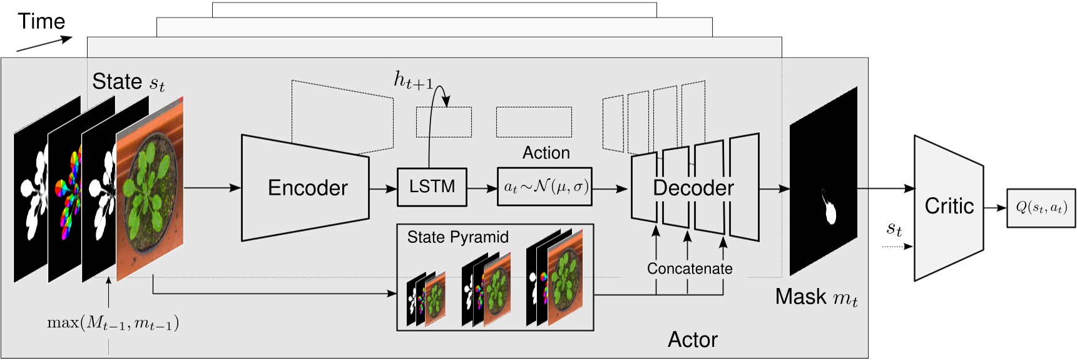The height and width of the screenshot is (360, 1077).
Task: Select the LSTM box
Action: point(432,187)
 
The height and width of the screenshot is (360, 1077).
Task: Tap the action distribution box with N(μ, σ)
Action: point(544,187)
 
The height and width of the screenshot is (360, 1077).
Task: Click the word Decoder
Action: point(693,188)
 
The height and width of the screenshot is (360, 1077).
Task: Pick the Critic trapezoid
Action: point(948,207)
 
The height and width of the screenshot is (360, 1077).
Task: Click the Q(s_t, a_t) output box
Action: point(1041,208)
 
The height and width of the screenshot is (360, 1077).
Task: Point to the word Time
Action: point(41,21)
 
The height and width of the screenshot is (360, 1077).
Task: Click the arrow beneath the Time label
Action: point(44,44)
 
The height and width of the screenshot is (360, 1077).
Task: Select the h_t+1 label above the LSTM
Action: point(413,80)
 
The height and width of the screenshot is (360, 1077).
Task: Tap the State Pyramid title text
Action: point(457,237)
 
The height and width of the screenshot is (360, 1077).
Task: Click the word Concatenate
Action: point(690,269)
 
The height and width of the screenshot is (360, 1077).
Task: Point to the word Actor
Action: point(692,339)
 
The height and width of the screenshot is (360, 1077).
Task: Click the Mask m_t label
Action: point(816,297)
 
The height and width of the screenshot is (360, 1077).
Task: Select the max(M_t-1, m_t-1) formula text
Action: point(113,323)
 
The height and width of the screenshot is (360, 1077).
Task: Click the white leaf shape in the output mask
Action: point(830,210)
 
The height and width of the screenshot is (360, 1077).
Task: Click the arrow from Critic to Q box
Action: point(994,208)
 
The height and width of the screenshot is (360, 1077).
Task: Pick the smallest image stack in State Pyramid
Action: point(426,299)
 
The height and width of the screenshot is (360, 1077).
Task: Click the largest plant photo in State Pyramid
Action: point(565,278)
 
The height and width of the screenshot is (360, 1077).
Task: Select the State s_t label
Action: point(128,82)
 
